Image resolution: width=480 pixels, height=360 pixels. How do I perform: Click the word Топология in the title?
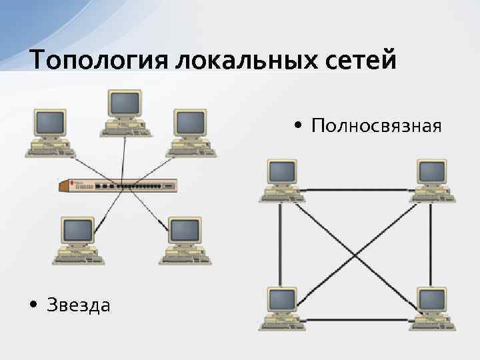coord(99,61)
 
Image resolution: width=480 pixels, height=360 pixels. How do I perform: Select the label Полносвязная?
coord(376,125)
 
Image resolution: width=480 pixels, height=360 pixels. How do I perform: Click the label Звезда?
coord(79,305)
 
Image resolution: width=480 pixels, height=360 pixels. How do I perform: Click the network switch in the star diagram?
coord(118,185)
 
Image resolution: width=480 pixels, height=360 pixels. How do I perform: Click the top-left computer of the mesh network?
coord(283,180)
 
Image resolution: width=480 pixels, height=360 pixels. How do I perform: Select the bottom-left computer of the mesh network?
coord(283,308)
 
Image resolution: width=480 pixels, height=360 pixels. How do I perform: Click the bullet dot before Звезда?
coord(33,306)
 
